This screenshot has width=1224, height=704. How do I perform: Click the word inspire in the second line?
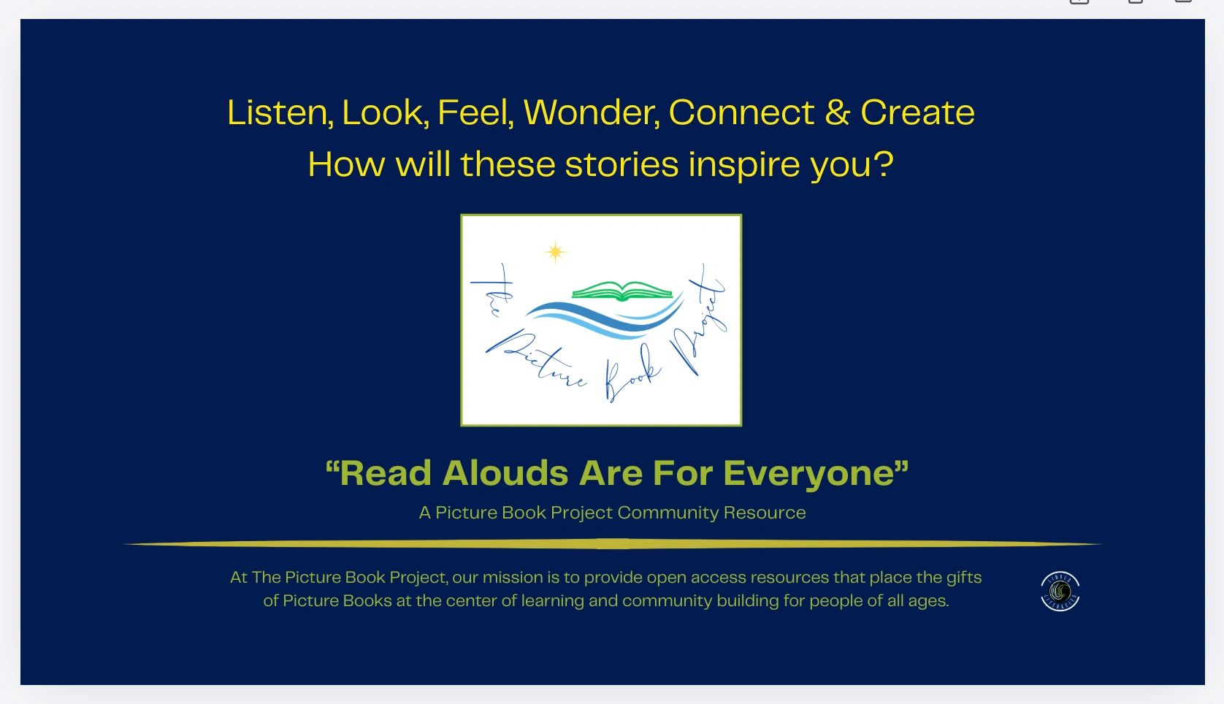click(744, 165)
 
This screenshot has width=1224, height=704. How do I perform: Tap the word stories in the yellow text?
click(621, 164)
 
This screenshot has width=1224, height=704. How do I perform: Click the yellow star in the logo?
click(555, 252)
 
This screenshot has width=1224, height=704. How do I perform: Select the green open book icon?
click(622, 291)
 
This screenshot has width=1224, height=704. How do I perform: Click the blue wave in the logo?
click(605, 317)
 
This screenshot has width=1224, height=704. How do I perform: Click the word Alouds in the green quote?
click(505, 472)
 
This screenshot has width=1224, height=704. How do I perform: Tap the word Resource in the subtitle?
click(765, 513)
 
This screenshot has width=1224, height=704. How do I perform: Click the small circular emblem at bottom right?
click(1060, 592)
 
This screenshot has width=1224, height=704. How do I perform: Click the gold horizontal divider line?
click(612, 544)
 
